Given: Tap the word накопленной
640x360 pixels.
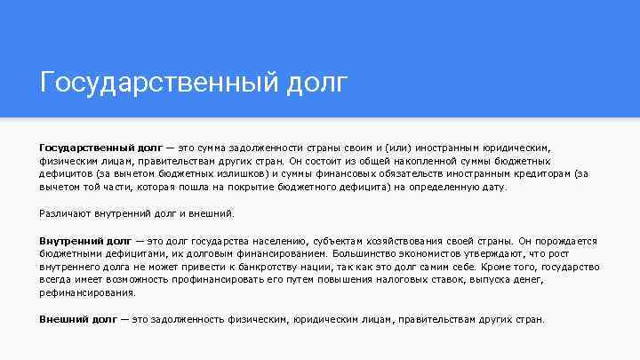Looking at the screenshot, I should (x=424, y=162).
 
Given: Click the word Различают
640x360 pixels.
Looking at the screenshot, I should (x=62, y=213).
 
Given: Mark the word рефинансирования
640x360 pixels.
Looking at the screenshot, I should (x=88, y=292).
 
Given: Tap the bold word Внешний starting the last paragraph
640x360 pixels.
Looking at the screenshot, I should (x=63, y=318).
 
